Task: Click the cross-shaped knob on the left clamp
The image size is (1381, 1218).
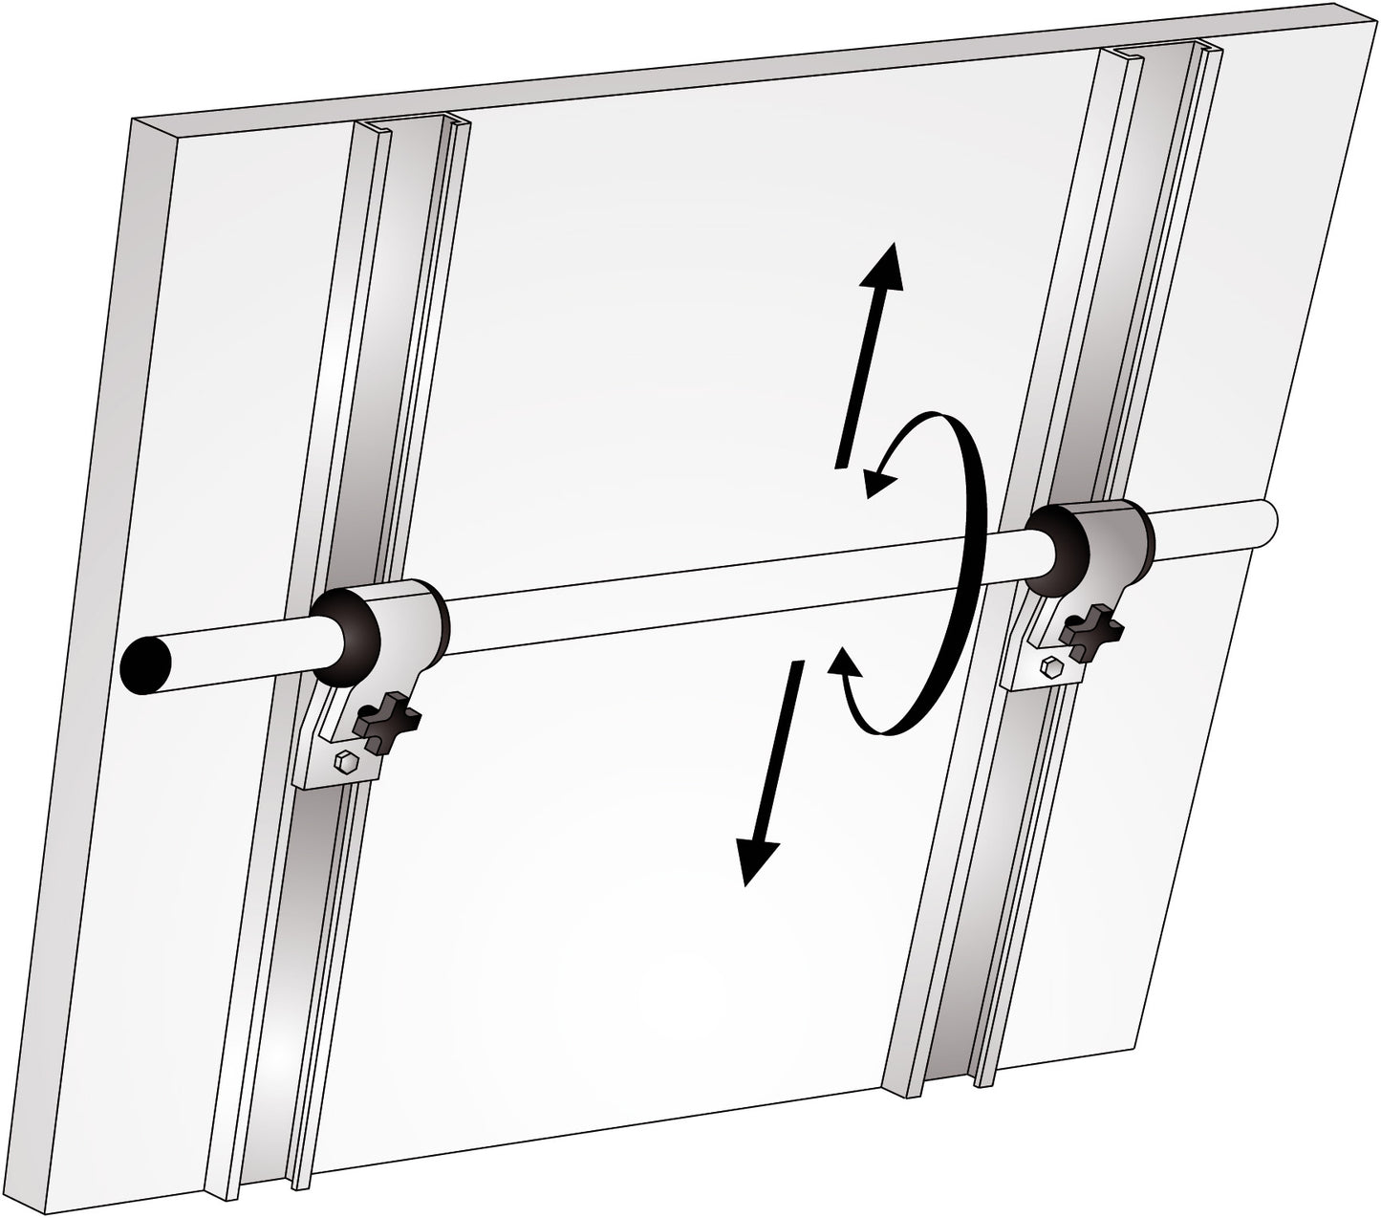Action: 385,723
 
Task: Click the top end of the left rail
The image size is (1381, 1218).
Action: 411,127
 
